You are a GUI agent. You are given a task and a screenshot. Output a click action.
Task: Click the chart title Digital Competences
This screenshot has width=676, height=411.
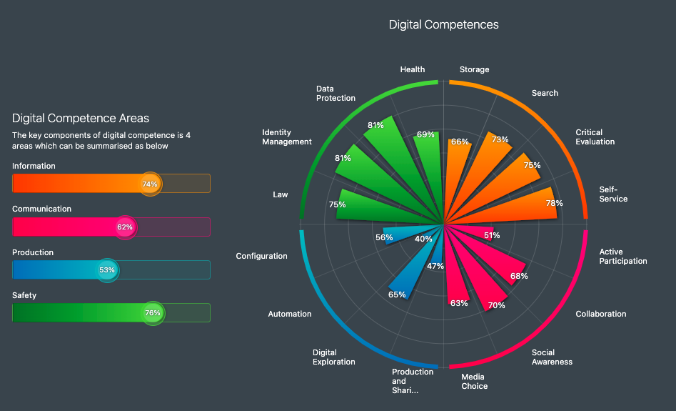(443, 25)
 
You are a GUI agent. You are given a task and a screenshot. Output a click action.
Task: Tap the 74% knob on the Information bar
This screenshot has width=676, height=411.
(150, 184)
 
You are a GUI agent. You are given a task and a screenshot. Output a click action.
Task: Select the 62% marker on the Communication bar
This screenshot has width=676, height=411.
(125, 227)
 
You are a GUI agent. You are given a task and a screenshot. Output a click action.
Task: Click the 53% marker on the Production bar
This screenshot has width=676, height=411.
(107, 270)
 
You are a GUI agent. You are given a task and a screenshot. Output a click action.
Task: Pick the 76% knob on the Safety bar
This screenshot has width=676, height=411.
(152, 312)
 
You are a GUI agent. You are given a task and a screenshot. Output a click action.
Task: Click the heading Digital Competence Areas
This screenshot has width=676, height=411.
(81, 118)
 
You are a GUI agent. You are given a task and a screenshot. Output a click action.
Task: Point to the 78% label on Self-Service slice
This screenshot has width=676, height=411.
(554, 203)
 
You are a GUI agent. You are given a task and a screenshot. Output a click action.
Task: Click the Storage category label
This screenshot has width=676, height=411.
(474, 70)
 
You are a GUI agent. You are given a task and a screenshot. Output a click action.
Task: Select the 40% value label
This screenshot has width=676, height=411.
(423, 239)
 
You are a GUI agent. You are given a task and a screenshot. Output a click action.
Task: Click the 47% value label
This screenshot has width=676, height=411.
(435, 266)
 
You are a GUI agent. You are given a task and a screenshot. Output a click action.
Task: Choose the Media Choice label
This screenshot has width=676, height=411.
(474, 382)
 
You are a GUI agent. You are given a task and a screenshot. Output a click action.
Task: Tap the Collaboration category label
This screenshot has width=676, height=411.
(600, 314)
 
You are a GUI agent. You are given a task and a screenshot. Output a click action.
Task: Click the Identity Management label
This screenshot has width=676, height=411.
(286, 137)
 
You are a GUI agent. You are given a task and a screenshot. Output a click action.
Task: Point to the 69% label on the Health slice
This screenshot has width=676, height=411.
(425, 134)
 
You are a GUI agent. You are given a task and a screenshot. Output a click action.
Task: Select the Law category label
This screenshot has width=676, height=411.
(281, 194)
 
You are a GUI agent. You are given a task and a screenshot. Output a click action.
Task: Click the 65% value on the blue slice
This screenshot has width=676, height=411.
(397, 294)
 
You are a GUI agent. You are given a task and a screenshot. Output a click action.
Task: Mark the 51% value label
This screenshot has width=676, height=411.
(492, 235)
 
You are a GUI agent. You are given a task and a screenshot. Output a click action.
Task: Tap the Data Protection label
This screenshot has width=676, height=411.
(336, 93)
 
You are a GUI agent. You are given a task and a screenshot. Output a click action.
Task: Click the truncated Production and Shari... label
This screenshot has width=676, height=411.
(413, 381)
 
